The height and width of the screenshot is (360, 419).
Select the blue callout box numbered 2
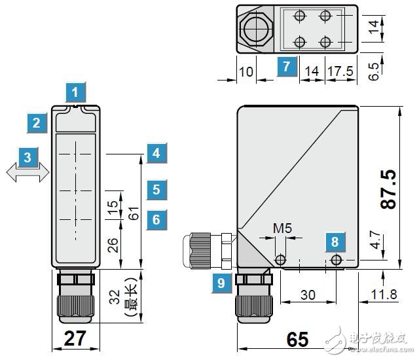[37, 122]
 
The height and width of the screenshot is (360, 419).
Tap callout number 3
[27, 157]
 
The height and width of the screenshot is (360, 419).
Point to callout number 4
[156, 153]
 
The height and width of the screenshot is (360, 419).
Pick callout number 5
[156, 190]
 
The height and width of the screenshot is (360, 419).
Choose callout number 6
[156, 219]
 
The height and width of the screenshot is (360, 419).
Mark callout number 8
[335, 242]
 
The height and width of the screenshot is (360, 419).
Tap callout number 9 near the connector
[221, 283]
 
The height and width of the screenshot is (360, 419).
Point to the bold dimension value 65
[297, 340]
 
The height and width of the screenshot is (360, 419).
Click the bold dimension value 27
[75, 339]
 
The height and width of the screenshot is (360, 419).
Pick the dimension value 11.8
[383, 295]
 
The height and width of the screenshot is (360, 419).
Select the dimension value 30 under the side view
[308, 295]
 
